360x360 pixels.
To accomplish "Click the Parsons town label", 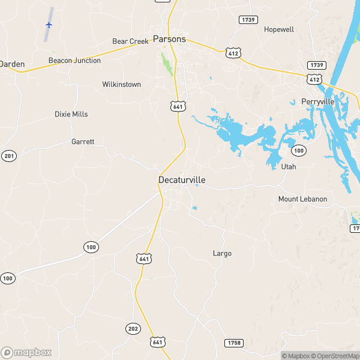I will [x=169, y=39].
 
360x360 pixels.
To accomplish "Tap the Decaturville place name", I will [x=182, y=179].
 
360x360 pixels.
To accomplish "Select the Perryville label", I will [x=317, y=102].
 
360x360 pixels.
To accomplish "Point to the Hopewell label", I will [x=279, y=29].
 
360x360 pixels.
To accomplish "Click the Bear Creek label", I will [x=130, y=41].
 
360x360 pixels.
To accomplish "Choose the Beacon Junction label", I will [x=74, y=61].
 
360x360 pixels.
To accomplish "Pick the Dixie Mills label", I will [x=71, y=114].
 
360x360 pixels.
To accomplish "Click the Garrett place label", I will [x=83, y=142].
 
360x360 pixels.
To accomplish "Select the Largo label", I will [x=222, y=253].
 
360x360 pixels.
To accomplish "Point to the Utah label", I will [x=289, y=167].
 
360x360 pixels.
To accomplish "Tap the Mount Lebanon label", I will [x=302, y=199].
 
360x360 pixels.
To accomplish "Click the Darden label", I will [x=11, y=63].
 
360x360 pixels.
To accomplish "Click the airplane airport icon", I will [x=49, y=25].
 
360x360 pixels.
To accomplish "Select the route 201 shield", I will [x=7, y=156].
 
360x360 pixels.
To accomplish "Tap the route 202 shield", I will [x=133, y=328].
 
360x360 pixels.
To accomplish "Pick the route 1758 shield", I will [x=234, y=343].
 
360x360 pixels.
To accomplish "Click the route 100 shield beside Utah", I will [x=299, y=149].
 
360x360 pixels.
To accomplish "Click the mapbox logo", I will [x=26, y=352].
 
